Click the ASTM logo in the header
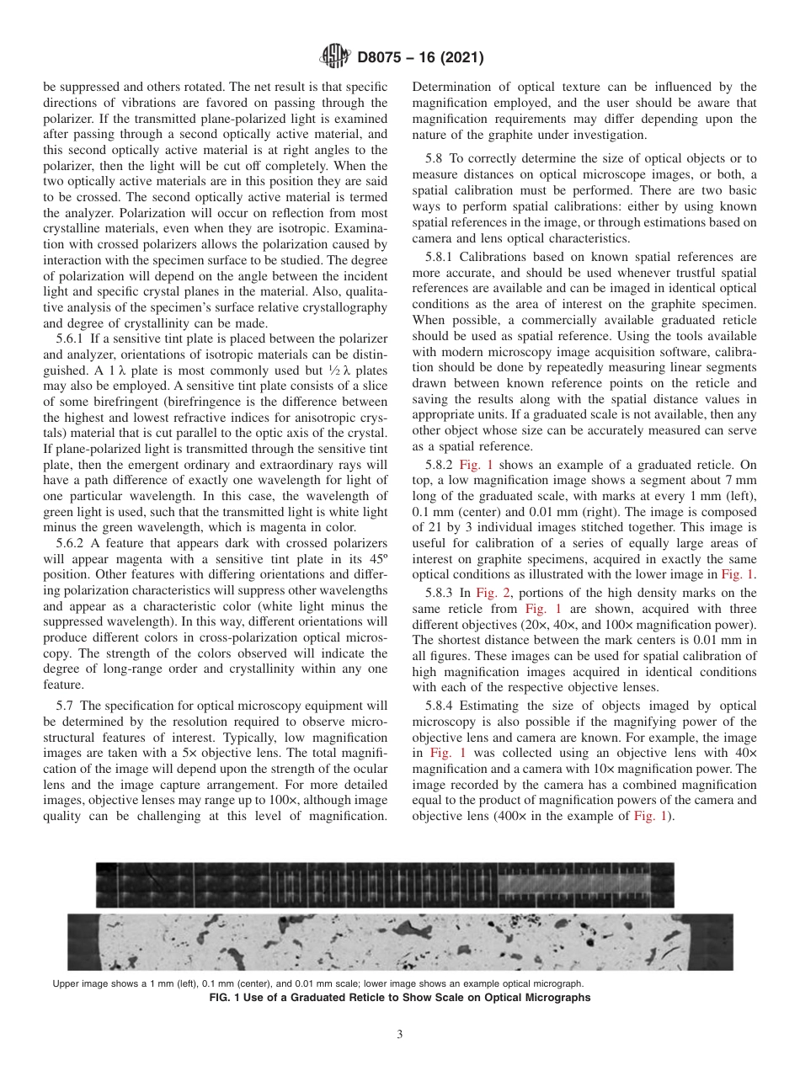(335, 58)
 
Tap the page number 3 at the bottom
(399, 1035)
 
